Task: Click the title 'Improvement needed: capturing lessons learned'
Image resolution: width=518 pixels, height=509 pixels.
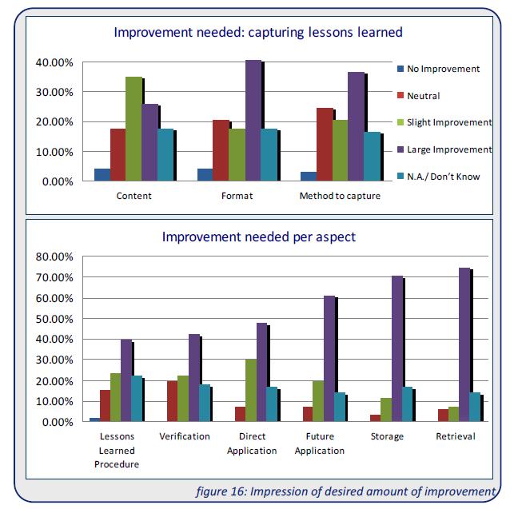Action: click(x=257, y=33)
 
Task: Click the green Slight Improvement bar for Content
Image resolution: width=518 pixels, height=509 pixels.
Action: click(x=133, y=129)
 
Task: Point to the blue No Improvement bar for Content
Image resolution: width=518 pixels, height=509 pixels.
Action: click(x=102, y=175)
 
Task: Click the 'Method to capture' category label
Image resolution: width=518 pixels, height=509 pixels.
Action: click(x=339, y=196)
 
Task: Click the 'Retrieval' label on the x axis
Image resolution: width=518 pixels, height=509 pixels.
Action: click(x=456, y=436)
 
